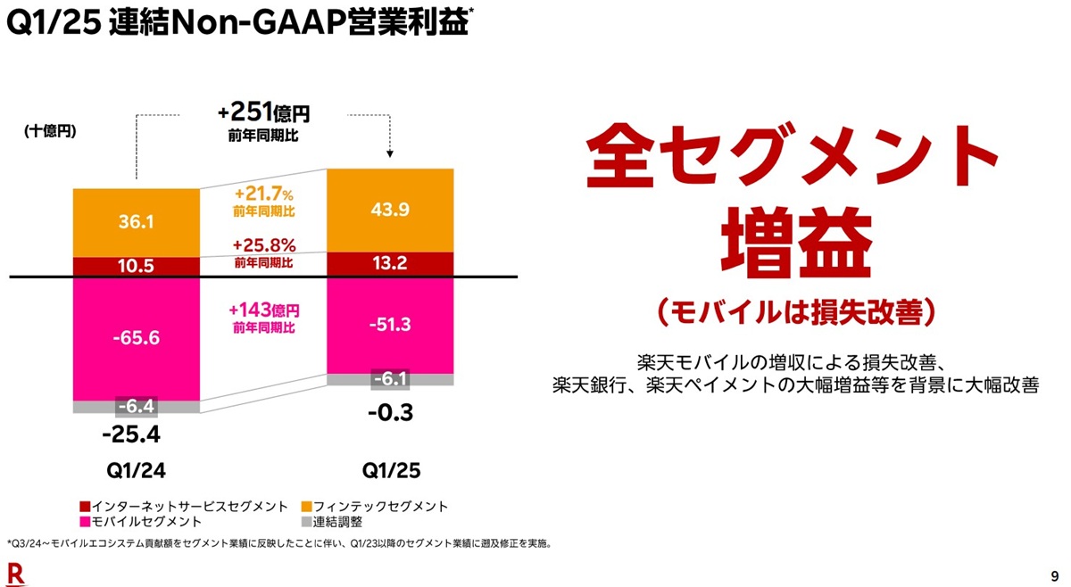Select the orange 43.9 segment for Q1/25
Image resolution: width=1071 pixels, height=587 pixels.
pyautogui.click(x=390, y=211)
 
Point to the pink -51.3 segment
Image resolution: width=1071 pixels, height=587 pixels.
pyautogui.click(x=390, y=325)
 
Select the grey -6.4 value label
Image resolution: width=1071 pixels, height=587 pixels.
pyautogui.click(x=137, y=407)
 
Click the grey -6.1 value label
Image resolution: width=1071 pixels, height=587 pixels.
pyautogui.click(x=391, y=380)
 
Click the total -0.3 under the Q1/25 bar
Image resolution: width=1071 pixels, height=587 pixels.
pyautogui.click(x=390, y=413)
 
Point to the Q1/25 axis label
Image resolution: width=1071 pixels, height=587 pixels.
pyautogui.click(x=390, y=470)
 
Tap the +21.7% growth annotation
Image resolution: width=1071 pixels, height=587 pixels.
pyautogui.click(x=264, y=194)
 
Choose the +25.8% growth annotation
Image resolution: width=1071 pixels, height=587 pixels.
pyautogui.click(x=264, y=244)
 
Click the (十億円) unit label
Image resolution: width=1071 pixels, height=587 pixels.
pyautogui.click(x=50, y=131)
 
